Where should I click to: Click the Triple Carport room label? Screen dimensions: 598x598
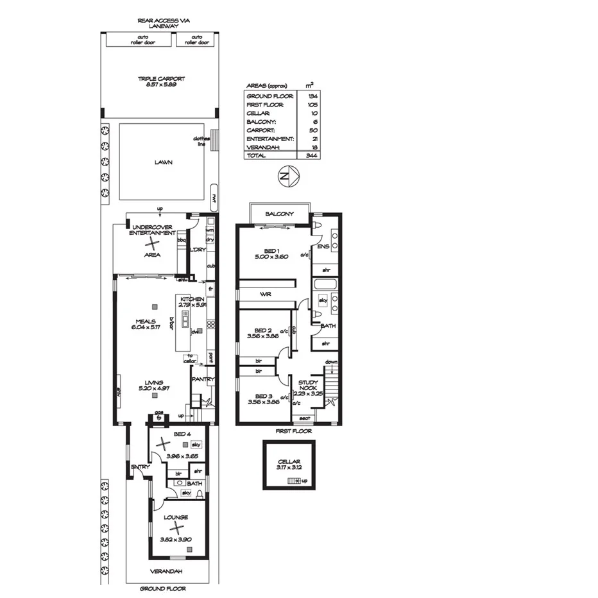(161, 79)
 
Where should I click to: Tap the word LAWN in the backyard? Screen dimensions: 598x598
(163, 162)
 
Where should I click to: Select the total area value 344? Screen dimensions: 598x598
(312, 155)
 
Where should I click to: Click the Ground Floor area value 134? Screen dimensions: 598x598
(312, 95)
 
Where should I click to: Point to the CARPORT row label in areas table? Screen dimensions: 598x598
(259, 130)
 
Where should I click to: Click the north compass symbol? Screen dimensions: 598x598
(287, 175)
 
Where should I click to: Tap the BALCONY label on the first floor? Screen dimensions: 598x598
(279, 214)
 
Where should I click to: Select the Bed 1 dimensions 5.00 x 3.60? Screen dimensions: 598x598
(272, 257)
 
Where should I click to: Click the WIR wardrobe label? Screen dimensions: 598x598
(267, 294)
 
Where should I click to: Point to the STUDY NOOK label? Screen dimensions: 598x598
(309, 386)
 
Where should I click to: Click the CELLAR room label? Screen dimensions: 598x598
(289, 461)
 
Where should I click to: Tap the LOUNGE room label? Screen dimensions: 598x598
(176, 517)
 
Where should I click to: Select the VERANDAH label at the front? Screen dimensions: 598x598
(167, 571)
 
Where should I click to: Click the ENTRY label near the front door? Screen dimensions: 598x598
(140, 466)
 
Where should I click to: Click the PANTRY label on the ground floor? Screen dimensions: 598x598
(203, 379)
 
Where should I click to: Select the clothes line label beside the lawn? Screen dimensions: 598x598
(201, 141)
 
